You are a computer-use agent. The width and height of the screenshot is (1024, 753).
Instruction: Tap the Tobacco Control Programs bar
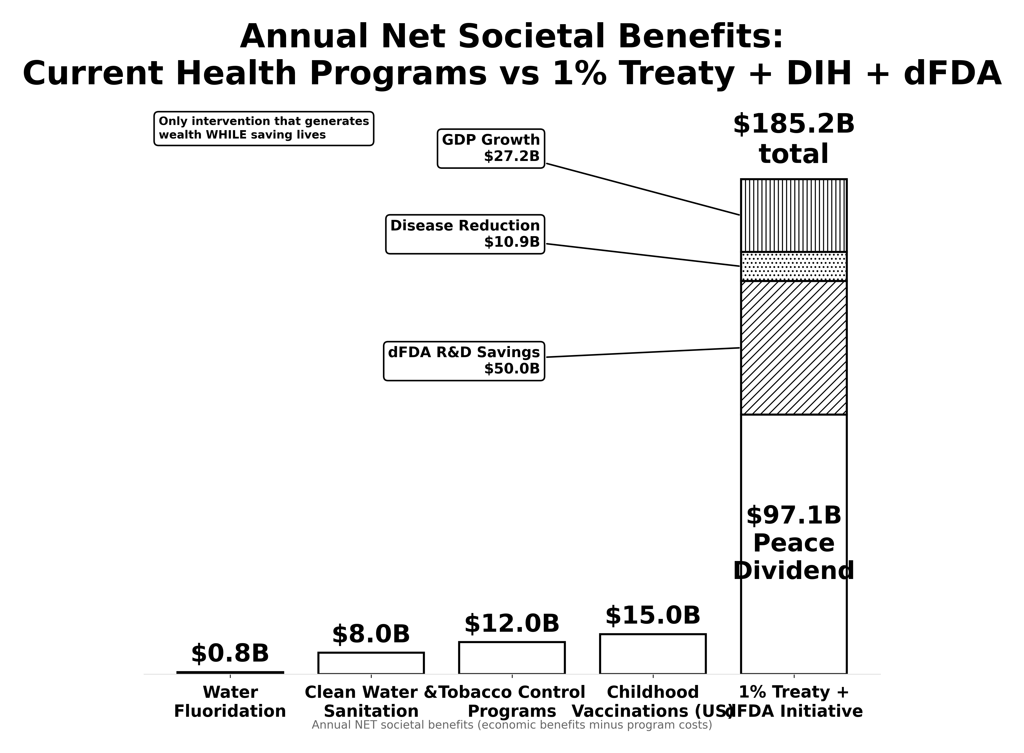pos(512,658)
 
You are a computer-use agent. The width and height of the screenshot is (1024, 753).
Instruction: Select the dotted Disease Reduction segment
pos(793,266)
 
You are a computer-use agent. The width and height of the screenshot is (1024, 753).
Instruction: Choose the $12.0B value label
pos(512,624)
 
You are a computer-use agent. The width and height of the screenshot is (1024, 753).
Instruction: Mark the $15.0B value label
pos(653,615)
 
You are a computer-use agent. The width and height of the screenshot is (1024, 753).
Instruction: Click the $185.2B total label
pos(793,139)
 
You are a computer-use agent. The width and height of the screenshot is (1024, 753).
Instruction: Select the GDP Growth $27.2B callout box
pos(491,149)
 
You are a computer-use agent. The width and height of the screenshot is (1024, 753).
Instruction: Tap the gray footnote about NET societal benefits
pos(512,725)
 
